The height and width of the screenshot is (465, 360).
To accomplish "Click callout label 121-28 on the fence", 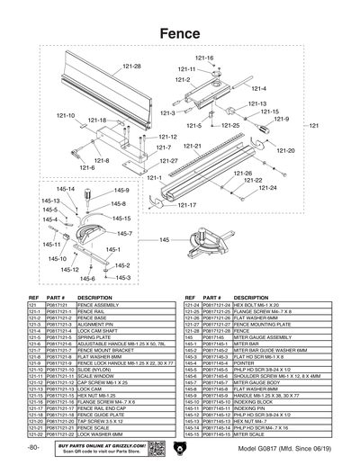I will pos(132,67).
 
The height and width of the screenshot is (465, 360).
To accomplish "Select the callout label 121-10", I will pos(66,115).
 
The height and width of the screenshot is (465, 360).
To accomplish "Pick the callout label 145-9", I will pos(121,191).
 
